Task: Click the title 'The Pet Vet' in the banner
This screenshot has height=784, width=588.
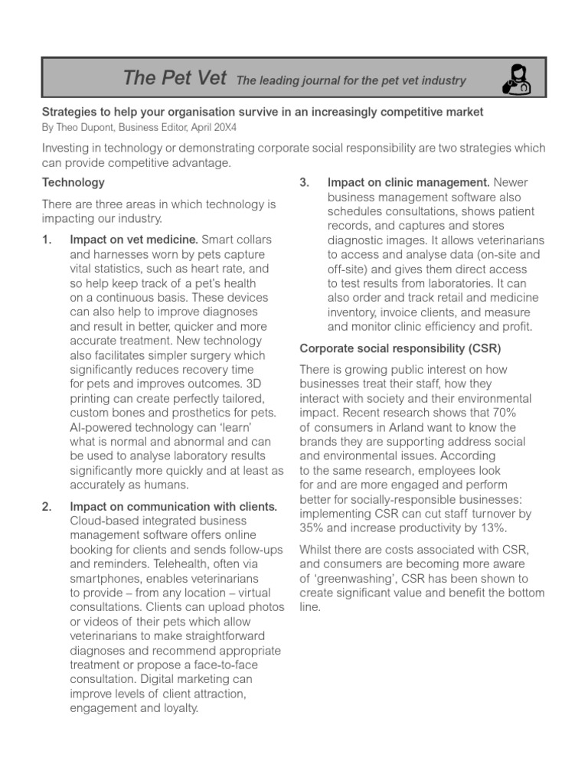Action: coord(175,78)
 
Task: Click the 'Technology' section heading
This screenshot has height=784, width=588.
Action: coord(73,182)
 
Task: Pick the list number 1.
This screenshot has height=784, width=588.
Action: coord(47,240)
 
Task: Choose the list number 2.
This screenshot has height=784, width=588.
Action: coord(47,506)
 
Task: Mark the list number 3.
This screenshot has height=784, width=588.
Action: coord(304,182)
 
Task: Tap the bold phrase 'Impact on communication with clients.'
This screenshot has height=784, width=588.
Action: coord(173,506)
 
